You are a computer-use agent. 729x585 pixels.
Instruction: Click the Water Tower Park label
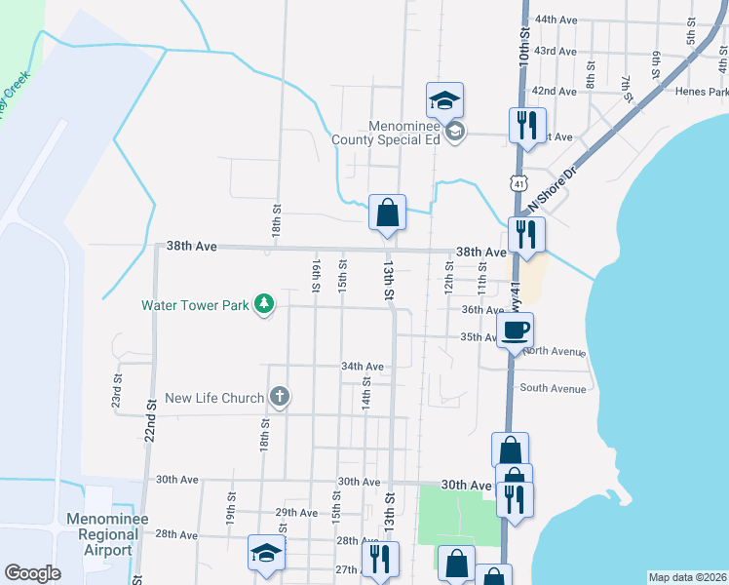point(195,305)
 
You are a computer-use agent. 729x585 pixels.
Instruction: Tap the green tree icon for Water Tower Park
point(262,305)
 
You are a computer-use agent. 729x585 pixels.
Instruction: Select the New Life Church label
point(214,398)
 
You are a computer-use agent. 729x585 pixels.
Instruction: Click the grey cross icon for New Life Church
point(280,397)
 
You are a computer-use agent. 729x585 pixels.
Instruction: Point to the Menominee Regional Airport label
point(101,534)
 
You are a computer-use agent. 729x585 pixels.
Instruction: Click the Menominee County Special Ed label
point(403,132)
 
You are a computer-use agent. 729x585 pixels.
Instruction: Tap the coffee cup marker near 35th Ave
point(515,329)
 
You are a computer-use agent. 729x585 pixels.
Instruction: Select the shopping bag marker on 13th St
point(387,212)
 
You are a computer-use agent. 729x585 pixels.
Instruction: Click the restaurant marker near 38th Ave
point(526,234)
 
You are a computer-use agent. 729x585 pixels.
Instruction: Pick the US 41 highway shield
point(518,182)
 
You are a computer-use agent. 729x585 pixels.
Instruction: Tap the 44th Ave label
point(556,19)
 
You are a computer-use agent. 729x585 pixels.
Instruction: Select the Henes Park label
point(702,92)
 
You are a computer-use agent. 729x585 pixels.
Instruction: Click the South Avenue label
point(553,388)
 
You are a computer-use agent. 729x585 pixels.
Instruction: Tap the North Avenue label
point(554,351)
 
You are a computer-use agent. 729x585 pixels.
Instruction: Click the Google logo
point(32,573)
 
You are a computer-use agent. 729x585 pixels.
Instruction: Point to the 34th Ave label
point(362,367)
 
